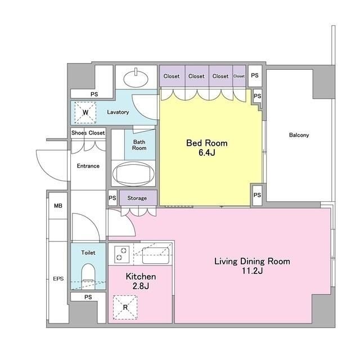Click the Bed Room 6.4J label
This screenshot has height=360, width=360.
[207, 147]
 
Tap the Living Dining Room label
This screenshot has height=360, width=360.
[252, 262]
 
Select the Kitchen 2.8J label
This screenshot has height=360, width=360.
[141, 281]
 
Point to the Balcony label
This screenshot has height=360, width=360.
[299, 135]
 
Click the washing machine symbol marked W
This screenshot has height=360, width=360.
[85, 112]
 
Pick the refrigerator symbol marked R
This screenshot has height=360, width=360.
[125, 307]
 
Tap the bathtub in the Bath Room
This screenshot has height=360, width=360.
[133, 174]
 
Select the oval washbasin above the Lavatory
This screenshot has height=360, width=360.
[136, 78]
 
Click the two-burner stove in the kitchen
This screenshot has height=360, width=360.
[121, 254]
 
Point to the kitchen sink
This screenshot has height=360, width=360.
[155, 255]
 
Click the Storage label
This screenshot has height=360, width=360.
[137, 198]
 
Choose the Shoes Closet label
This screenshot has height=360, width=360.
[88, 133]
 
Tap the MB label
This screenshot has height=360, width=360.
[58, 206]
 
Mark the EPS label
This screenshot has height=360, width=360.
[58, 279]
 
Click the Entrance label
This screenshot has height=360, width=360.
[88, 166]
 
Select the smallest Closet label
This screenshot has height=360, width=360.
[239, 76]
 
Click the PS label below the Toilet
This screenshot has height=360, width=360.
[88, 297]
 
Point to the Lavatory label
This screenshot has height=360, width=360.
[118, 112]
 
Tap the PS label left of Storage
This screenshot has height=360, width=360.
[112, 198]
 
